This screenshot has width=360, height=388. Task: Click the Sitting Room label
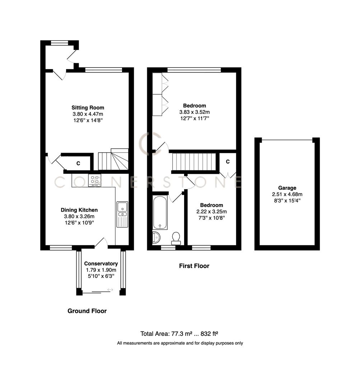point(88,107)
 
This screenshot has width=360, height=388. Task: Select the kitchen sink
point(122,214)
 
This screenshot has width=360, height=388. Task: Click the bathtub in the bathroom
point(160,212)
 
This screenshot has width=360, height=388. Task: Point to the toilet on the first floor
point(176,238)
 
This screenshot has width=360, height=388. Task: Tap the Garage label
point(287,188)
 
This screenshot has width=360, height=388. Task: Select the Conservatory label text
point(102,263)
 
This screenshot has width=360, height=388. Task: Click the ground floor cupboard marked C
point(78,163)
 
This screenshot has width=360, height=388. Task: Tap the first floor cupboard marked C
point(228,162)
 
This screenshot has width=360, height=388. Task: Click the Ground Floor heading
point(87,311)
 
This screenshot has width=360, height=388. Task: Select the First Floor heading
point(194,266)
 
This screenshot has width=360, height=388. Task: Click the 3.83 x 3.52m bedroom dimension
point(194,112)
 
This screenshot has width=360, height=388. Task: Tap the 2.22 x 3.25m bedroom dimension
point(211,212)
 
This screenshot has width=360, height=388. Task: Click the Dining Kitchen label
point(79,210)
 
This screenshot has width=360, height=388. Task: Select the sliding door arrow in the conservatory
point(110,290)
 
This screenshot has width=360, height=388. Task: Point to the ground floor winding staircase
point(113,159)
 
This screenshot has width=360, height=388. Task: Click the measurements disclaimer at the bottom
point(180,343)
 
